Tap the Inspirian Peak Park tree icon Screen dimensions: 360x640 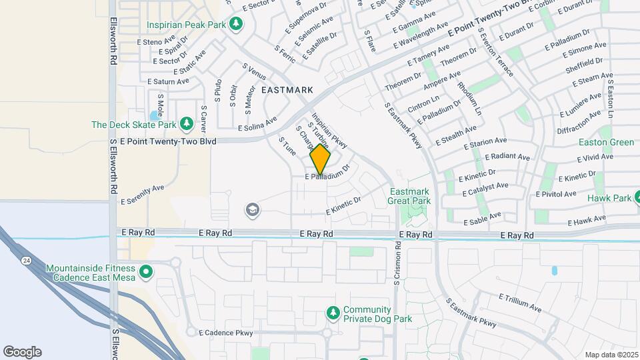click(235, 24)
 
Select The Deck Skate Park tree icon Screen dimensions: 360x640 click(187, 124)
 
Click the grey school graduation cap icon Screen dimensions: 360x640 click(253, 211)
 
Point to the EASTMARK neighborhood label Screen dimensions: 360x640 click(287, 89)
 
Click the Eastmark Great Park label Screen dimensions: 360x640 click(409, 195)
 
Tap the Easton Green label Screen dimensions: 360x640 click(606, 142)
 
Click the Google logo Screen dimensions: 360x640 click(22, 352)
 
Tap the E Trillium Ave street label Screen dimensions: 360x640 click(519, 302)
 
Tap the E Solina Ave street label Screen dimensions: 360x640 click(257, 124)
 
